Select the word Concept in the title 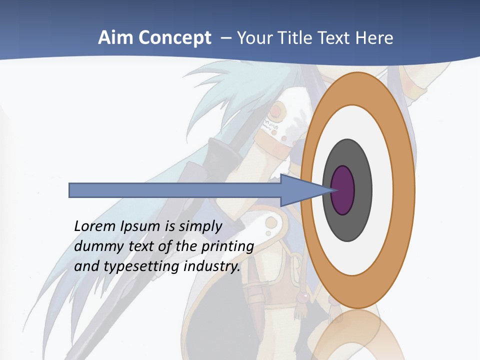pos(174,38)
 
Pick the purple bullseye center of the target pos(343,190)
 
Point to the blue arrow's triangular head pos(305,190)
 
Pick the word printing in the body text pos(227,246)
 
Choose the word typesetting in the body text pos(141,266)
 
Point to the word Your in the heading pos(253,38)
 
